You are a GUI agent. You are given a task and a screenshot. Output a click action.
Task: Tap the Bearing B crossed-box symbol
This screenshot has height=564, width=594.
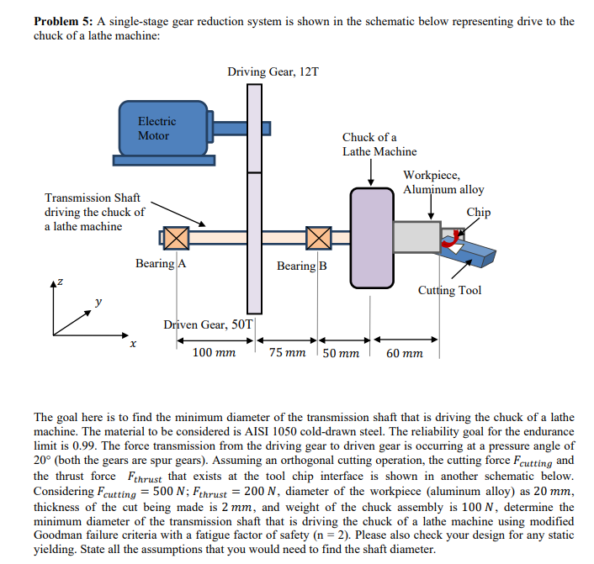[318, 238]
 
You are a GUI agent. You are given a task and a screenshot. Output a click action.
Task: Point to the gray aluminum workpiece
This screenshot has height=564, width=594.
[416, 237]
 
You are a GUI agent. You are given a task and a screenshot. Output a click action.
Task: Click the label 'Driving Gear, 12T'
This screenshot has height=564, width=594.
[273, 72]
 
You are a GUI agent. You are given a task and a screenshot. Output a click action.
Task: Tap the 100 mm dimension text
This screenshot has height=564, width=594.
[214, 353]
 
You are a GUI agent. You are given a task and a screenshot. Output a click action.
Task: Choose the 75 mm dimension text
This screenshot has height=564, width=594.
[288, 353]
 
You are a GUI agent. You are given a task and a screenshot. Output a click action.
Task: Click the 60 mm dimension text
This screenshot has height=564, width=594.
[405, 353]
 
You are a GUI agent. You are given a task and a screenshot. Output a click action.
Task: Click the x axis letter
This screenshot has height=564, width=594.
[132, 344]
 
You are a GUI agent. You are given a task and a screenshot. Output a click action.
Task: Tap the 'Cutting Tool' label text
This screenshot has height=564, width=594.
[449, 291]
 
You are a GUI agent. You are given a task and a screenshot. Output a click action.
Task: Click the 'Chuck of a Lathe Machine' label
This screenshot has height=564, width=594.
[379, 144]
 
